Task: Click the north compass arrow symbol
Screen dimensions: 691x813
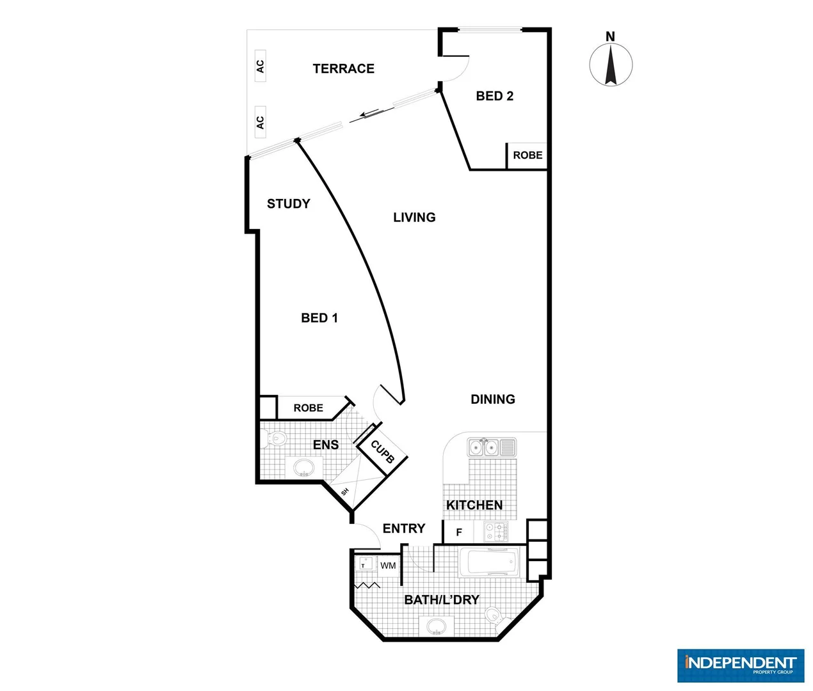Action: [x=611, y=64]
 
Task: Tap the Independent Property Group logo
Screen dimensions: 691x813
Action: [x=740, y=665]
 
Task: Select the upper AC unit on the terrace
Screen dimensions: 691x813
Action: [x=260, y=66]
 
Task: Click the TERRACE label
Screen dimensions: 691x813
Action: [x=343, y=68]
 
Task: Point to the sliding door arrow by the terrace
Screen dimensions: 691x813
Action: [x=369, y=114]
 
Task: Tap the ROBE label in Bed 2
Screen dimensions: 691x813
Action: [x=527, y=155]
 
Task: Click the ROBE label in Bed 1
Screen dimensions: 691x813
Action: [x=308, y=408]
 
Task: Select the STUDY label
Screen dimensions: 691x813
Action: [x=288, y=203]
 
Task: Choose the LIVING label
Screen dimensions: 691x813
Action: [x=414, y=218]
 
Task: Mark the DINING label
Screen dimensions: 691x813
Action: [x=492, y=399]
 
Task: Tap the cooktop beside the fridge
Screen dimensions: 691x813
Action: [x=495, y=532]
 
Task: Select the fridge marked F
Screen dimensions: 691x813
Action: [x=458, y=532]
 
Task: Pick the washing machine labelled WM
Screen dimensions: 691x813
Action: [x=388, y=566]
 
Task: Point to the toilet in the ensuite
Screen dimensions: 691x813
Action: [x=275, y=440]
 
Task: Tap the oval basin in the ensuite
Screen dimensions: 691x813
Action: [x=304, y=468]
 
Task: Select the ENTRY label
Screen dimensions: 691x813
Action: [x=403, y=528]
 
